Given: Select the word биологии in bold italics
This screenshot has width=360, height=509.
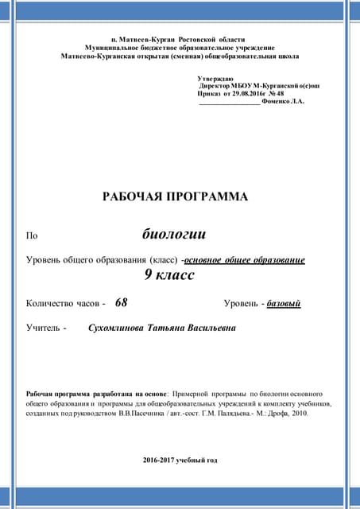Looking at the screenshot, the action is coord(173,234).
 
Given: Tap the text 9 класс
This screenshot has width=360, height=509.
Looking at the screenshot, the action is coord(169,275).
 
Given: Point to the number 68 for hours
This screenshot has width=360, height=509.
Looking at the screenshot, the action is coord(121,303).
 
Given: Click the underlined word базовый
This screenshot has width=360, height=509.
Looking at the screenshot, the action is coord(284,304).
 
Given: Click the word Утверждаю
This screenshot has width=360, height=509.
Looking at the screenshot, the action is coord(215,79).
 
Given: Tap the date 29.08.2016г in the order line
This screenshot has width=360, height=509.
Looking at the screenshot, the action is coord(247,94).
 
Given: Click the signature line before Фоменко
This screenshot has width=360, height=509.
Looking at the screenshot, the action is coord(229,103).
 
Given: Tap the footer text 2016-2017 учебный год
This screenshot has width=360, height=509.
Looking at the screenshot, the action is coord(180,460).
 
